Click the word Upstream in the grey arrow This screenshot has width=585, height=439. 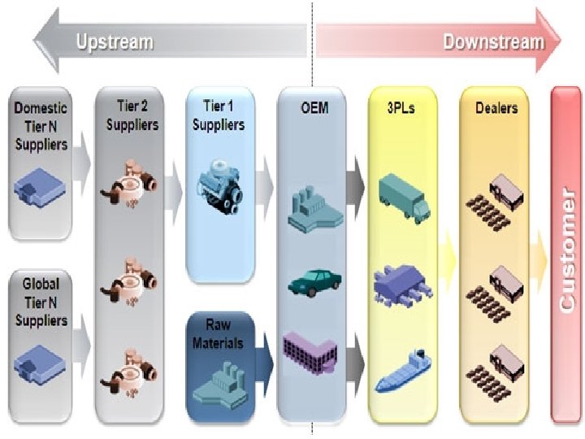pyautogui.click(x=115, y=41)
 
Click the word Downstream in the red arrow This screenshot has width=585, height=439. pyautogui.click(x=493, y=41)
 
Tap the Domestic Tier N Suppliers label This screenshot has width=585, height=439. pyautogui.click(x=41, y=125)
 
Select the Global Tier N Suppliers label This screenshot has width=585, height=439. pyautogui.click(x=41, y=302)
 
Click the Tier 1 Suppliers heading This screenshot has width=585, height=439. pyautogui.click(x=221, y=116)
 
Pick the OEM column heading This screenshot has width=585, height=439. pyautogui.click(x=314, y=107)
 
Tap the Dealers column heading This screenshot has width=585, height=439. pyautogui.click(x=496, y=107)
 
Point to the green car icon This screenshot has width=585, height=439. pyautogui.click(x=314, y=282)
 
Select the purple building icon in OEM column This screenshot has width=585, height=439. pyautogui.click(x=310, y=351)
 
